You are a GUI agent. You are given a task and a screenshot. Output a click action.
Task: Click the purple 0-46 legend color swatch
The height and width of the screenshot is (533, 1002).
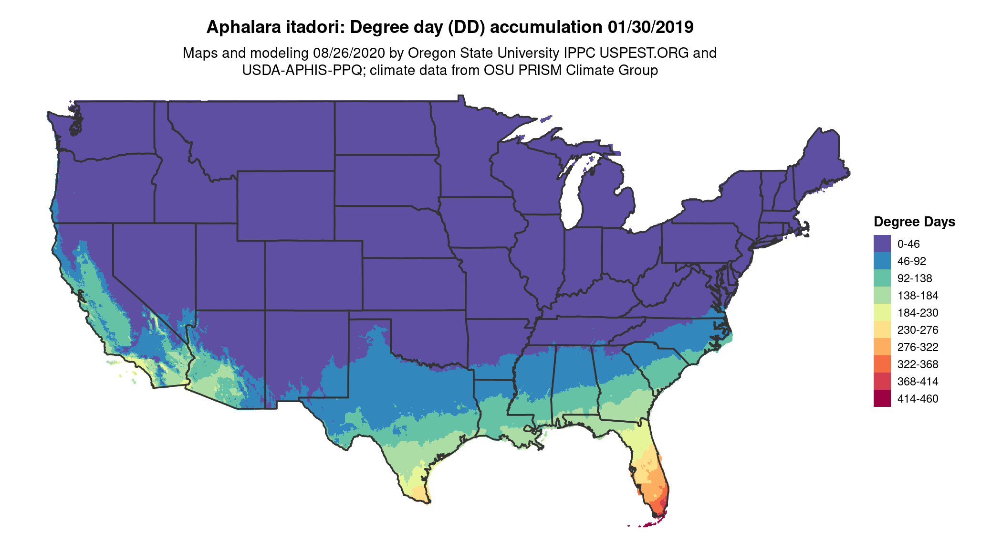point(882,244)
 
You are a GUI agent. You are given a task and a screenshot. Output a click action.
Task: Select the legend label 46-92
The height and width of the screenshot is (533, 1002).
point(911,261)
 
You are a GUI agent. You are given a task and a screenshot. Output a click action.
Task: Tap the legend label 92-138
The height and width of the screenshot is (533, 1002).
point(914,278)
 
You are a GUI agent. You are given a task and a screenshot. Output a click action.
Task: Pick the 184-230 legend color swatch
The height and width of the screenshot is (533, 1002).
point(882,312)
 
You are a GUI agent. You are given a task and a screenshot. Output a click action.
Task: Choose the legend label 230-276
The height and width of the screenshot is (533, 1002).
point(918,330)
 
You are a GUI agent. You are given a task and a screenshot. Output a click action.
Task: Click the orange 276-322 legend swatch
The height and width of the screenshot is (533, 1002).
point(882,347)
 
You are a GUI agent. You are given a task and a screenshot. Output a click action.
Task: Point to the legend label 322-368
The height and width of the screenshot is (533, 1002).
point(918,364)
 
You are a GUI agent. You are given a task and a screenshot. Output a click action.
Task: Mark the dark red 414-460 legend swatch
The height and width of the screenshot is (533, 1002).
point(882,398)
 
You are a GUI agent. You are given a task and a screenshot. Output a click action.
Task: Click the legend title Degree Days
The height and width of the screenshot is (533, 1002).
point(914,222)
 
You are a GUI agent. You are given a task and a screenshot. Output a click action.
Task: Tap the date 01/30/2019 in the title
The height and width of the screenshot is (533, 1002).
point(650,27)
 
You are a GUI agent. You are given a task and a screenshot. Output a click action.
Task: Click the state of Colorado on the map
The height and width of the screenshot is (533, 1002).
point(313,276)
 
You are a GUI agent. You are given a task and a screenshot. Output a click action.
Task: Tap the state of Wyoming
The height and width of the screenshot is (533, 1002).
point(285,205)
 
